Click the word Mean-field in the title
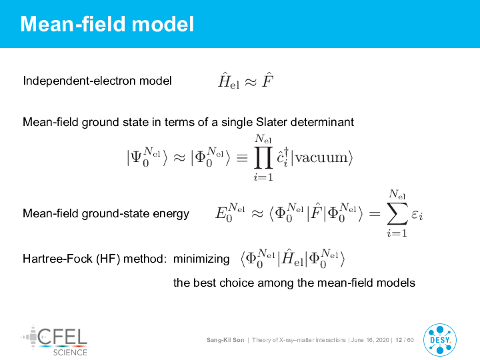73,24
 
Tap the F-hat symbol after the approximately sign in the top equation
267,80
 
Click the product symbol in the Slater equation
263,157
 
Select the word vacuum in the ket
321,158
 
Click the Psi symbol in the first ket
135,157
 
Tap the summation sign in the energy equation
397,213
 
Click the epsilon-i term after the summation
417,215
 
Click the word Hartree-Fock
57,259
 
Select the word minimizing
201,259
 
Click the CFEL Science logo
54,341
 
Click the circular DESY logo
440,340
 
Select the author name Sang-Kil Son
225,340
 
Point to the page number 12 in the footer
399,340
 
